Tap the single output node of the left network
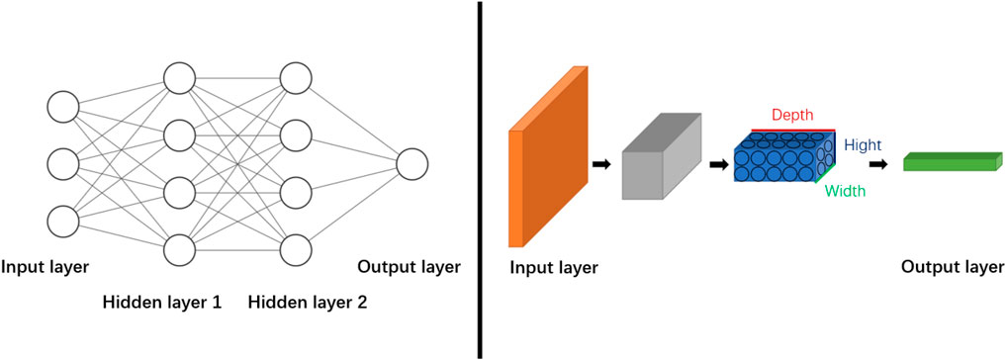(x=412, y=164)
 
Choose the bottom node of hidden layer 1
(x=179, y=249)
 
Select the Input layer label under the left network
(x=46, y=267)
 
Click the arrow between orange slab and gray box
(x=600, y=163)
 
